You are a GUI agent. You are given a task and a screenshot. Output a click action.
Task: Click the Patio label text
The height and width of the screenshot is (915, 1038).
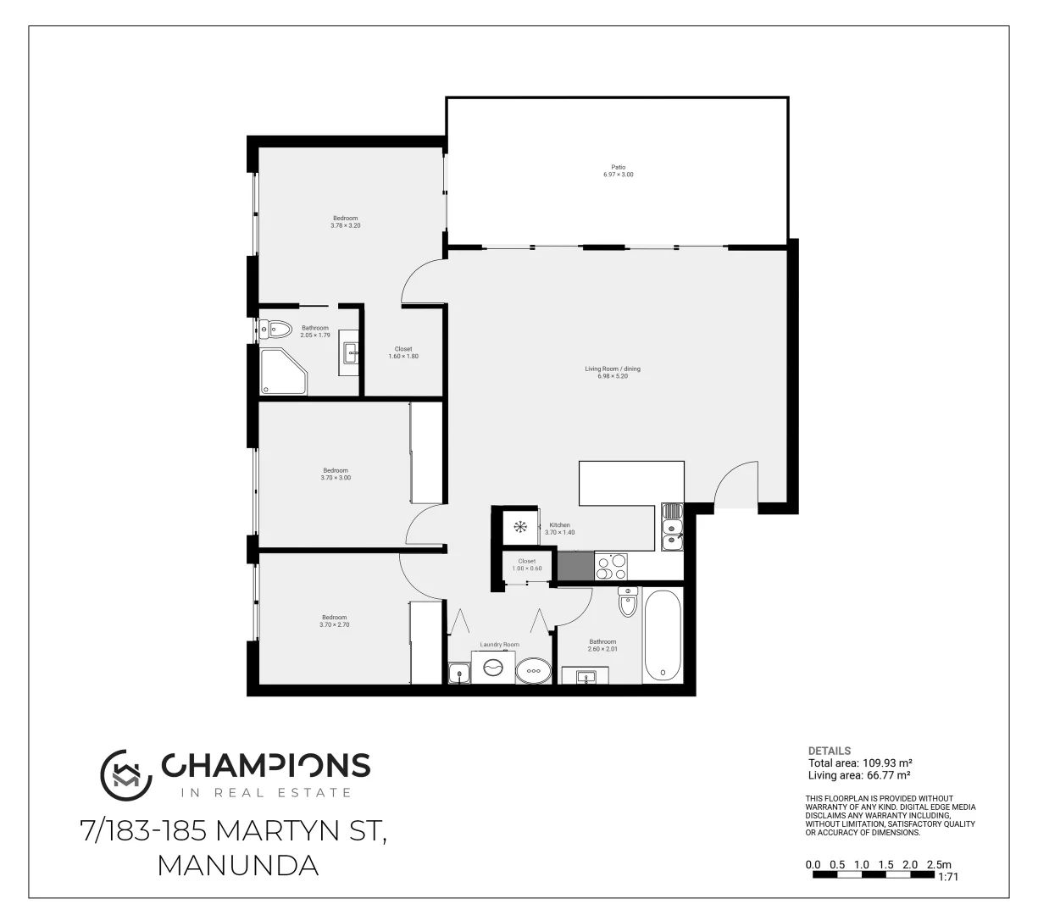click(x=618, y=167)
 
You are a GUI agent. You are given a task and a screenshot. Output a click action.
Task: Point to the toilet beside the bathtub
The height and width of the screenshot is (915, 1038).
click(x=627, y=602)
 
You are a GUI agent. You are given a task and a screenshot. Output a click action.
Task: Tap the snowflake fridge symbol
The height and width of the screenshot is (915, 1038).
click(x=520, y=528)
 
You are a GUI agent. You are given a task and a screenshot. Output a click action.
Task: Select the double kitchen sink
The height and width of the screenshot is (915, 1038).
click(x=671, y=526)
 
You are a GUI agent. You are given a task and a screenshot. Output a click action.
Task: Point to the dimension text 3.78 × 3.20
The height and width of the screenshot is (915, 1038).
click(x=345, y=225)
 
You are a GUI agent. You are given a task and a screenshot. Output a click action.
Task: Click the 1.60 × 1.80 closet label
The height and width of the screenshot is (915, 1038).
click(x=402, y=356)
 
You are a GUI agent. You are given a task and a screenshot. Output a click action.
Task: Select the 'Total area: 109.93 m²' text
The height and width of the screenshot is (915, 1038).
click(x=859, y=762)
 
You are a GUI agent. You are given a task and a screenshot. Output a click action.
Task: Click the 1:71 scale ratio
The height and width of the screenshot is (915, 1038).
click(x=948, y=878)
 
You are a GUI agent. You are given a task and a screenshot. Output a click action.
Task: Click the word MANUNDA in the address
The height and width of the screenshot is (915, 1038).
click(x=238, y=865)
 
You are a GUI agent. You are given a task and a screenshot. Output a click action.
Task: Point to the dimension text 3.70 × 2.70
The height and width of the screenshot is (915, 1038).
click(x=334, y=625)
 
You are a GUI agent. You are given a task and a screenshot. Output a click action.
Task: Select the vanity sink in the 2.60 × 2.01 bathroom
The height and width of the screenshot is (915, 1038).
click(x=586, y=677)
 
